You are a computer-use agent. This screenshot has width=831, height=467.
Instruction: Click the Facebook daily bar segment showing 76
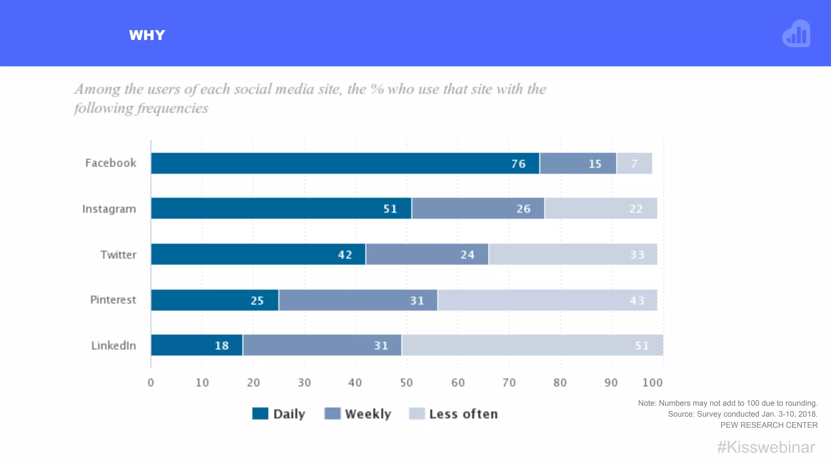(x=345, y=163)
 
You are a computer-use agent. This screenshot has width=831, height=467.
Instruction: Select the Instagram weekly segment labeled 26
(x=478, y=208)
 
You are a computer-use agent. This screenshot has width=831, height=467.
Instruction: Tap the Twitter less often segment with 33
(x=573, y=254)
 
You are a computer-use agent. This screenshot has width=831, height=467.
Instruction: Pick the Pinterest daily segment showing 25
(x=215, y=300)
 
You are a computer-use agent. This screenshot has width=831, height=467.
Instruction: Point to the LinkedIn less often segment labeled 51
(x=532, y=345)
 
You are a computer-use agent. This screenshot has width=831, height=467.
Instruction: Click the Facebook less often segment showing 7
(x=634, y=163)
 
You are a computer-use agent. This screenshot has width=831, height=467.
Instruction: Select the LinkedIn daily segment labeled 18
(x=197, y=345)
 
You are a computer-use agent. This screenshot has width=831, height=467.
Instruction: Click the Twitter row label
(x=118, y=255)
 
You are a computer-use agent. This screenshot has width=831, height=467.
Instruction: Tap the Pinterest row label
(x=113, y=300)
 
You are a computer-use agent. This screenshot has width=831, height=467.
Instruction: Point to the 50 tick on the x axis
(x=406, y=382)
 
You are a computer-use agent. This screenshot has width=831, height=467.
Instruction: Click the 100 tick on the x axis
(x=652, y=382)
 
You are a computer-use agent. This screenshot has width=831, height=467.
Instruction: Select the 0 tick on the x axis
(x=151, y=382)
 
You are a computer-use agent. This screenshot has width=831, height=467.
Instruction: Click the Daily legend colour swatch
(x=260, y=413)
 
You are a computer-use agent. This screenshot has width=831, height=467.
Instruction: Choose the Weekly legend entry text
(x=368, y=414)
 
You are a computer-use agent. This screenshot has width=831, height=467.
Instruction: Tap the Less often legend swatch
(x=417, y=413)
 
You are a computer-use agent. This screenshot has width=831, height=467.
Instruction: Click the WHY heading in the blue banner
(x=147, y=35)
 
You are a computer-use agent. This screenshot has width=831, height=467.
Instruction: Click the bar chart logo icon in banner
(x=796, y=34)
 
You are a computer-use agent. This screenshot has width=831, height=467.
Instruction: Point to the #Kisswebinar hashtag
(x=766, y=447)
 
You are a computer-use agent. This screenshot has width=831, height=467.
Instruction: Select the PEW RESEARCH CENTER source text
(x=769, y=425)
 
